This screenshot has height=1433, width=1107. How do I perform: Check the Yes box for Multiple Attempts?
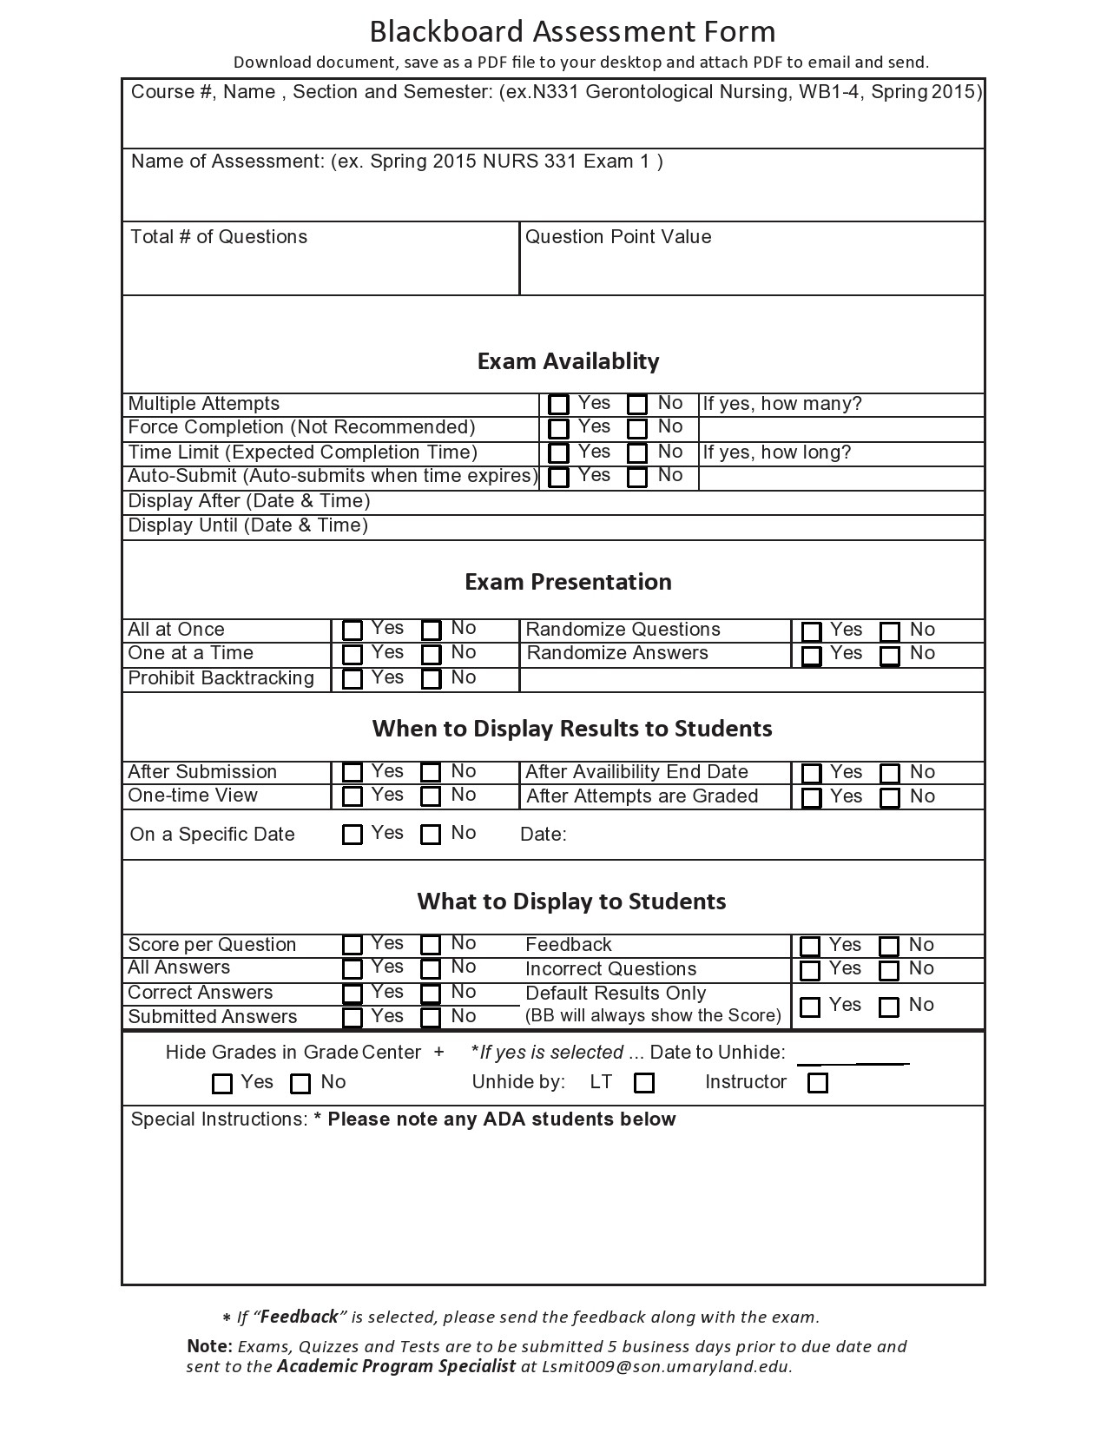click(x=559, y=405)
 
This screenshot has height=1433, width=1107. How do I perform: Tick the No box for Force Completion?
click(x=637, y=428)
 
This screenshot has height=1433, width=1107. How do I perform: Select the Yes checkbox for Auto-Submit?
click(x=559, y=477)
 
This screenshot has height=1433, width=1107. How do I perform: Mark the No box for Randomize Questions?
click(x=890, y=631)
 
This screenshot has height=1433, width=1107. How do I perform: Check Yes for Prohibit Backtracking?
click(x=353, y=679)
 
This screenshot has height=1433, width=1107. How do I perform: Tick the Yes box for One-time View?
click(x=353, y=796)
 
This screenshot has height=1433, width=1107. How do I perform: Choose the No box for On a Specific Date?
click(x=431, y=835)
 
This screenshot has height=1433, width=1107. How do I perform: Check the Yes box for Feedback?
click(x=810, y=946)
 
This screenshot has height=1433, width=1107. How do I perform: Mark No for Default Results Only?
click(x=889, y=1007)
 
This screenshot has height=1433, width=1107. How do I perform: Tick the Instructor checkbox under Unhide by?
click(x=818, y=1083)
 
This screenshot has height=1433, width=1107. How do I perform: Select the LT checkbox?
click(x=644, y=1083)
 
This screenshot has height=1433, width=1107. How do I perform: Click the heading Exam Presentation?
click(x=568, y=582)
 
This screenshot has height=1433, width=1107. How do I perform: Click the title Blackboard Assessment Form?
click(x=572, y=32)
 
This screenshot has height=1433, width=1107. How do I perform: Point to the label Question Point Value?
click(x=618, y=237)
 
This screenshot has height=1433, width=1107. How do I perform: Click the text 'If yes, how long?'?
click(x=777, y=452)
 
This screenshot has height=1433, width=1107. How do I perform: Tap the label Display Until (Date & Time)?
click(x=248, y=525)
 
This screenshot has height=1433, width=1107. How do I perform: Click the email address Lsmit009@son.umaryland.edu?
click(x=666, y=1366)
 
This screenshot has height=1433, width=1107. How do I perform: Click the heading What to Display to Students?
click(x=571, y=901)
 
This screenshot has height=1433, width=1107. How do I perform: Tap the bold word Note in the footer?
click(x=208, y=1346)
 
